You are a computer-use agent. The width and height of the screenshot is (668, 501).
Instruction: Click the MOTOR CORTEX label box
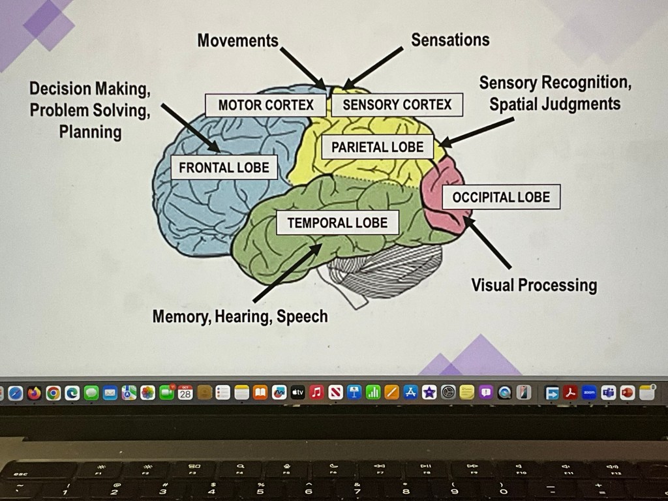point(266,105)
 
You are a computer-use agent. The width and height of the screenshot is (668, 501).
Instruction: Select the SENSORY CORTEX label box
point(397,105)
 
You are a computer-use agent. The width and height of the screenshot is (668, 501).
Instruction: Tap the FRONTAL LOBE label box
point(224,168)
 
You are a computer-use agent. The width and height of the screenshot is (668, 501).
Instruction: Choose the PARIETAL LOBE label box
point(377,147)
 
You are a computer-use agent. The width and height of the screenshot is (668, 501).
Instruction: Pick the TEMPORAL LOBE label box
point(337,223)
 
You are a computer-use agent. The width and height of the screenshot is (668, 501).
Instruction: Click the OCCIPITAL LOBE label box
point(501,197)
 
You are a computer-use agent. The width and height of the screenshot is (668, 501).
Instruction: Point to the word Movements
point(237,40)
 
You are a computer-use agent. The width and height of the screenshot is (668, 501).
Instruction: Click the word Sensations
point(450,40)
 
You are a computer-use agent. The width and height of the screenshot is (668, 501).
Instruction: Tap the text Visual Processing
point(534,285)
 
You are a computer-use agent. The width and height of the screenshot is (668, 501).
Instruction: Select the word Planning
point(90,132)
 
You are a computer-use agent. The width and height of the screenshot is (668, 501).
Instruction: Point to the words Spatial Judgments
point(555,104)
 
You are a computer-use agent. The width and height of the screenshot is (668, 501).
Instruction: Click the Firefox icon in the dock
point(34,393)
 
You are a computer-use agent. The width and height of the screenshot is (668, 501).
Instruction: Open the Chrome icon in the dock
point(53,393)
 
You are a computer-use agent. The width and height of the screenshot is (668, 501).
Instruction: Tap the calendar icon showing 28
point(185,393)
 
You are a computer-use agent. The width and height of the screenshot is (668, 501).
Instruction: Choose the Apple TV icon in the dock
point(298,393)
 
